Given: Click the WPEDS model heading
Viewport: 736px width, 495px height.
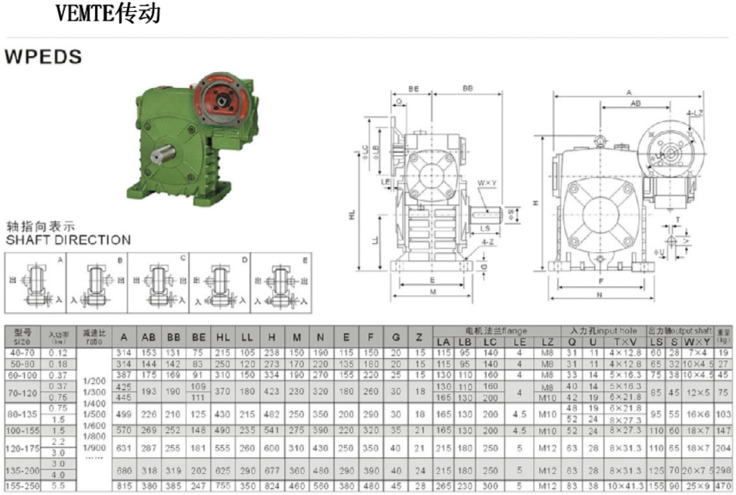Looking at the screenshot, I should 43,57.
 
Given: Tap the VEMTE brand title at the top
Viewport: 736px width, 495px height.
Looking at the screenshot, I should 108,13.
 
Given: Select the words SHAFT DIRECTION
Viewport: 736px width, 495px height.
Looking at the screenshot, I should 67,239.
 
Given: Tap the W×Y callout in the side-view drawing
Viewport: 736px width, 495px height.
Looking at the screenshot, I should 486,182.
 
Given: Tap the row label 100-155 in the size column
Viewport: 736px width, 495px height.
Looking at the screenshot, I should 22,431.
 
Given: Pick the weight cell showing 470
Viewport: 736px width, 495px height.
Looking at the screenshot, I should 723,486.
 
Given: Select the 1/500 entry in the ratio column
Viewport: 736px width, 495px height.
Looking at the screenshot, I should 95,414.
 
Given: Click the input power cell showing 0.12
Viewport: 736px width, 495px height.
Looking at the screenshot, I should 58,352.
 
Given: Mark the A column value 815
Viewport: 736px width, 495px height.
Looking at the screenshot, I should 124,486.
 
